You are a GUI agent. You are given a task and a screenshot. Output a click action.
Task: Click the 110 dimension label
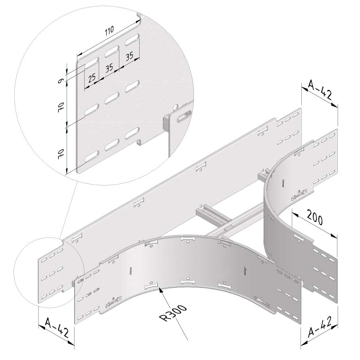[109, 31]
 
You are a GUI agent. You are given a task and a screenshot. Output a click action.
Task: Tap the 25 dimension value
[92, 78]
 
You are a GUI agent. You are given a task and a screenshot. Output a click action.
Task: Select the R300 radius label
[174, 313]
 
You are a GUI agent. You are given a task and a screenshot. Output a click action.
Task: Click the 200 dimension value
[315, 218]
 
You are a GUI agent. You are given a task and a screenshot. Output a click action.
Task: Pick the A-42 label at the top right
[320, 90]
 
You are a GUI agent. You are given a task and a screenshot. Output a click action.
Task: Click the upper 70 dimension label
[60, 106]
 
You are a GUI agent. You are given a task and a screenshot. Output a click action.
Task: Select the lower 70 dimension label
[60, 153]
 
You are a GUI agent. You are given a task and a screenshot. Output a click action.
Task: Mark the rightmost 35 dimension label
[130, 56]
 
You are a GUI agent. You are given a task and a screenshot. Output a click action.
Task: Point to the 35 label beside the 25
[109, 67]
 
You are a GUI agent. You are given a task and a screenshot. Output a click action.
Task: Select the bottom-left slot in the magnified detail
[92, 157]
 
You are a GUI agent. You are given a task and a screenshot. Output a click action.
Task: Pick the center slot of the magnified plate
[112, 98]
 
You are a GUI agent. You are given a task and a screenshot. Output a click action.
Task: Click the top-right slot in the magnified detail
[132, 40]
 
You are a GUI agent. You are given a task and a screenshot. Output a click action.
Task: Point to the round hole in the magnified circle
[175, 107]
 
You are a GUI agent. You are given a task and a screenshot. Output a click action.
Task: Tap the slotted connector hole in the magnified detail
[184, 115]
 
